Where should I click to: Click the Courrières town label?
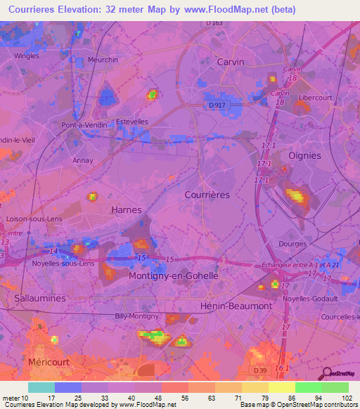(207, 195)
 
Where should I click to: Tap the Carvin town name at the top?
(231, 62)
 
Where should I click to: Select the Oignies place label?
(305, 155)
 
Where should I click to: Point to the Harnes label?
(127, 210)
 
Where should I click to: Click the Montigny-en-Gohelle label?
(174, 276)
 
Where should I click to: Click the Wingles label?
(27, 55)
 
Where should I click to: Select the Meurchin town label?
(103, 60)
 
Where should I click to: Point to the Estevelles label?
(132, 122)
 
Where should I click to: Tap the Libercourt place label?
(314, 97)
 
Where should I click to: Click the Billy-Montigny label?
(136, 316)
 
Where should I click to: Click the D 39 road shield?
(259, 370)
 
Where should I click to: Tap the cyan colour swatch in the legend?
(41, 387)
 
